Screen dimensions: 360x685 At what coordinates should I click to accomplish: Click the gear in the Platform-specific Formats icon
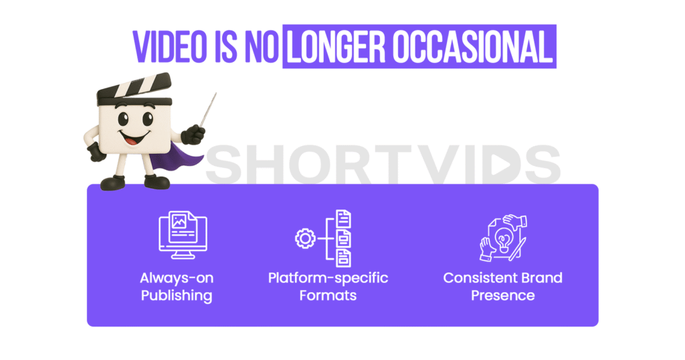click(306, 238)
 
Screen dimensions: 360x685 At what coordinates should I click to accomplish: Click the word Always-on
click(177, 278)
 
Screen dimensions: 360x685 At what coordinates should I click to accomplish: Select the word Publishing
click(177, 295)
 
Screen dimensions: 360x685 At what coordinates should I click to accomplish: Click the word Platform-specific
click(328, 278)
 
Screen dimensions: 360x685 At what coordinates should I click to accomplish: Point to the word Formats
click(328, 295)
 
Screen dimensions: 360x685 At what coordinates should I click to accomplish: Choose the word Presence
click(503, 295)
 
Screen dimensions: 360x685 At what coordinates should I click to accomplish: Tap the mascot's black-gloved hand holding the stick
click(193, 134)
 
